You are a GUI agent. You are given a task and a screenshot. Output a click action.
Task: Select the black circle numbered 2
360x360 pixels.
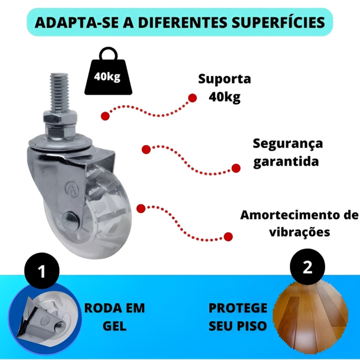[307, 267]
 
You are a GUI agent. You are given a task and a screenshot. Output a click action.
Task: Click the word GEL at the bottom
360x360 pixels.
[115, 326]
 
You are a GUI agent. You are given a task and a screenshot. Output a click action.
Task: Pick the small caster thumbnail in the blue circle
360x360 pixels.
[45, 321]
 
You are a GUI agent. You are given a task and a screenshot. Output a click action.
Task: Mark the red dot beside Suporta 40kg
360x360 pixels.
[192, 98]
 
